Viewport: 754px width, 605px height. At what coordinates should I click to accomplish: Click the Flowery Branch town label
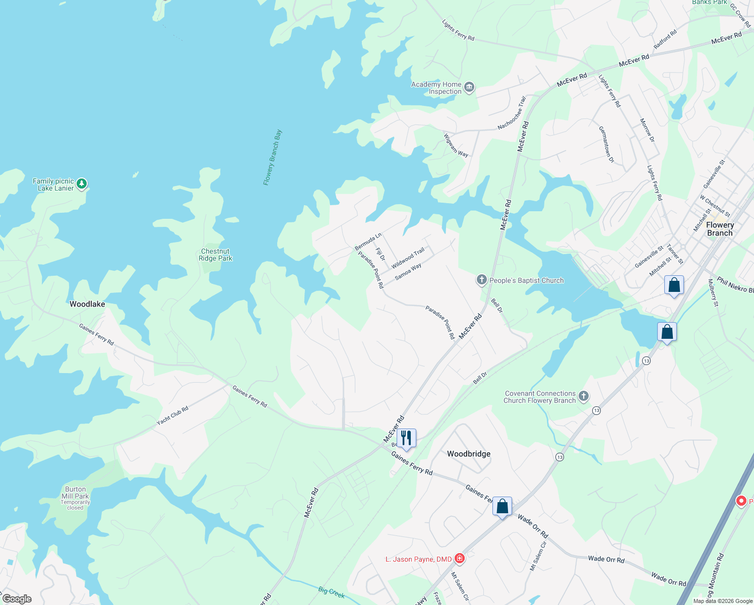(720, 229)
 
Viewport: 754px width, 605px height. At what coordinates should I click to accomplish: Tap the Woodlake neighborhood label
(87, 304)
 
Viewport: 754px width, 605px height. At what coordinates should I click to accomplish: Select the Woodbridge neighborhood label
(469, 454)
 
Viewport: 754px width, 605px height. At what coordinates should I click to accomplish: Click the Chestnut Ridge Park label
(215, 255)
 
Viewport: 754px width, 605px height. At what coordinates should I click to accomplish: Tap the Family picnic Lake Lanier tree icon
(82, 184)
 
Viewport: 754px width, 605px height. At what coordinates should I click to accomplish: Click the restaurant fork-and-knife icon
(406, 438)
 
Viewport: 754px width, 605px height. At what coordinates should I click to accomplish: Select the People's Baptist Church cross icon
(482, 280)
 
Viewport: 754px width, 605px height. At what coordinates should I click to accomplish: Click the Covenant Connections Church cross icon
(584, 396)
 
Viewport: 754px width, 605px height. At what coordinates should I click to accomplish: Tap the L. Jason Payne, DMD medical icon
(459, 559)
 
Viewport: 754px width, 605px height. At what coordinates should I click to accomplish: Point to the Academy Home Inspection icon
(469, 87)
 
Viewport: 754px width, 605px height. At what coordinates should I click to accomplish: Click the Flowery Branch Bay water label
(273, 157)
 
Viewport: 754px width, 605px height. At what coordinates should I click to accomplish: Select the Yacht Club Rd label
(172, 415)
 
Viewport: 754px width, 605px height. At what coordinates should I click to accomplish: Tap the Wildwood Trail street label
(408, 258)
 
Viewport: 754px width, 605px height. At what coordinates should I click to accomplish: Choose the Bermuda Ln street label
(368, 241)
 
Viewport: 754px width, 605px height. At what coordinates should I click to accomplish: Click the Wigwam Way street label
(456, 145)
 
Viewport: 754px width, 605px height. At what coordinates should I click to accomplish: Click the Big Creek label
(331, 592)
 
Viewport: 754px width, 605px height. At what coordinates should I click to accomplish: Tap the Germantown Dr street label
(606, 144)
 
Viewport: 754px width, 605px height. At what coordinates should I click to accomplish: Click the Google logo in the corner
(17, 599)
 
